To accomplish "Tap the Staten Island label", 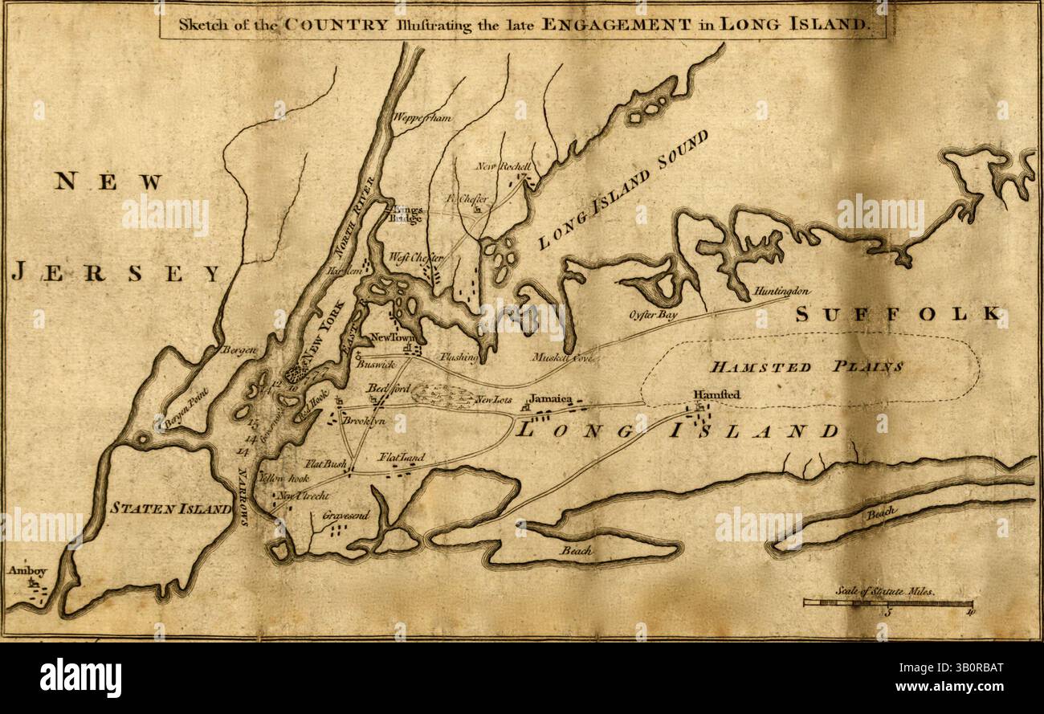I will (x=171, y=507).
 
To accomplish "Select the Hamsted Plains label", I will (x=805, y=367).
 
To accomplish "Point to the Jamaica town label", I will (x=550, y=399).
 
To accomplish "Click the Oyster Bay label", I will (x=653, y=316).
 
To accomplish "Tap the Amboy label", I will (x=22, y=570).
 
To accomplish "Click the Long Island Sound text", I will (x=622, y=189).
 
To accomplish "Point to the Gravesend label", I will (x=345, y=515).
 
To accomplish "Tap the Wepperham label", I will (x=422, y=118).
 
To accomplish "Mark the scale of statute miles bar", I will (x=887, y=602).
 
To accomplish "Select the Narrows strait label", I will (x=243, y=496).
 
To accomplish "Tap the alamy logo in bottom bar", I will (x=80, y=678).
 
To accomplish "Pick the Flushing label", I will (x=459, y=357).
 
